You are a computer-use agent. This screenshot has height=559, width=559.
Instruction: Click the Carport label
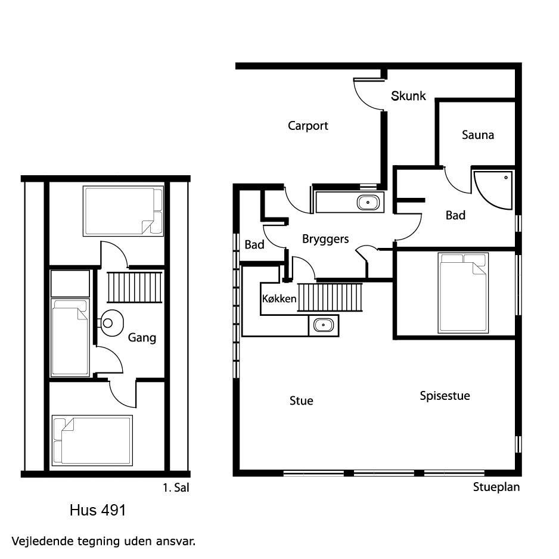(308, 126)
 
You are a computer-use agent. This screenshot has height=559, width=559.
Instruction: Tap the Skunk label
(408, 95)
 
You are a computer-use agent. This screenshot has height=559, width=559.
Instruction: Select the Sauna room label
(478, 135)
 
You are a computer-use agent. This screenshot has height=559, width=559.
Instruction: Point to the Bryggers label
(325, 239)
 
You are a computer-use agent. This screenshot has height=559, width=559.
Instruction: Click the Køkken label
(279, 299)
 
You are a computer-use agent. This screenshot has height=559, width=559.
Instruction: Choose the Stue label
(301, 400)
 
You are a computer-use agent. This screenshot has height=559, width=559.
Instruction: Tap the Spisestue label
(445, 396)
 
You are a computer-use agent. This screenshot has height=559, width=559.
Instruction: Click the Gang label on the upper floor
(142, 338)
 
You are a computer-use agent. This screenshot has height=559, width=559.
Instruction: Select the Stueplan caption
(496, 487)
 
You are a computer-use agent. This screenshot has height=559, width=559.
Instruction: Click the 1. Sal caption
(176, 487)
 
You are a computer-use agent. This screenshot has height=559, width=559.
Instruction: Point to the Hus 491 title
(98, 510)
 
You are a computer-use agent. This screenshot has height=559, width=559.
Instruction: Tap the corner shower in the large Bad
(493, 190)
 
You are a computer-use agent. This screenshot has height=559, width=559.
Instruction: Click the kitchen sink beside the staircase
(324, 325)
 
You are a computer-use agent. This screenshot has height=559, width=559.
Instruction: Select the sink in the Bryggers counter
(368, 203)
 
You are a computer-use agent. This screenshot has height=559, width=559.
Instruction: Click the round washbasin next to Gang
(111, 323)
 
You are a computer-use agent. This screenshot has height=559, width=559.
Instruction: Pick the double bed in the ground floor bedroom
(463, 293)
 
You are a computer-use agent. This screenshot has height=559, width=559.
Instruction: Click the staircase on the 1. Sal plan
(135, 287)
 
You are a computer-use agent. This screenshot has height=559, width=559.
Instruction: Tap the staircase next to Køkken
(330, 297)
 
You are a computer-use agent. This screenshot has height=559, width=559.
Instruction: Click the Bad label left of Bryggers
(254, 244)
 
